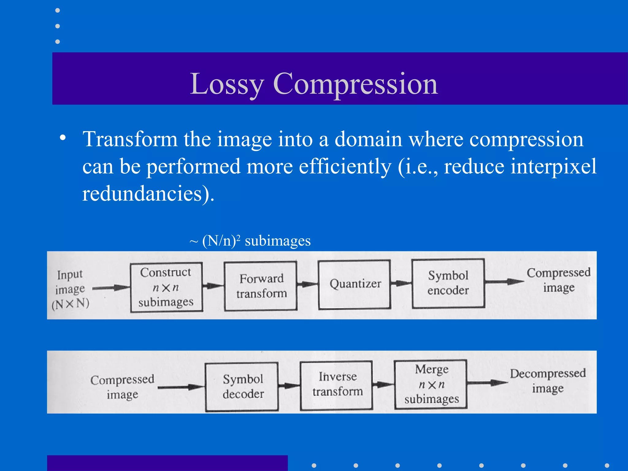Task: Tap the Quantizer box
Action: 354,284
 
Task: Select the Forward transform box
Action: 261,286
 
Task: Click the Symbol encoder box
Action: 448,283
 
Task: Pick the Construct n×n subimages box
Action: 166,287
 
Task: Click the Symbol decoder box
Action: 242,387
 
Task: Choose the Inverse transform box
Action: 336,385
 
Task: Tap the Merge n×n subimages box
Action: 431,384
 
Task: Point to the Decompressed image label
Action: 548,381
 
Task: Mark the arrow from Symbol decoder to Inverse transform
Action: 289,385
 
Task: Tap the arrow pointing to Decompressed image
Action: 488,382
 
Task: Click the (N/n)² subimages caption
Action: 250,241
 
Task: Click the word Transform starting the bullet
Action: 130,139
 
